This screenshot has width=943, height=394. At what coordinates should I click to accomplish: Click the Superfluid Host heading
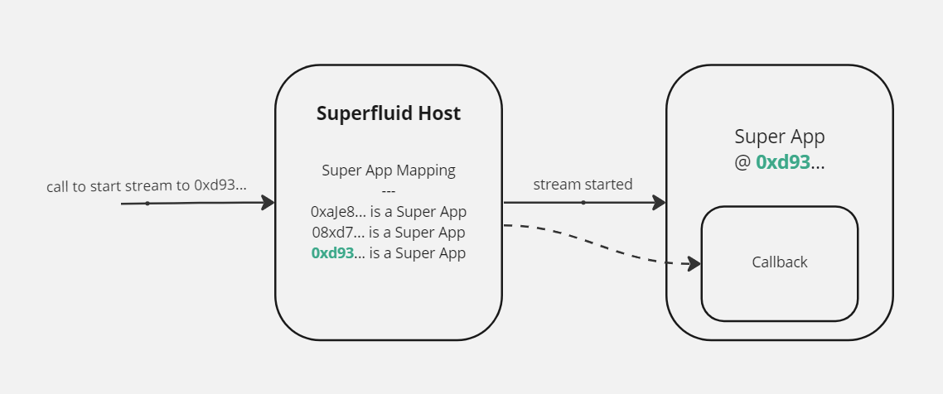(389, 113)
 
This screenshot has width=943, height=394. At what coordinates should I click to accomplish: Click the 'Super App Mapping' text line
(389, 171)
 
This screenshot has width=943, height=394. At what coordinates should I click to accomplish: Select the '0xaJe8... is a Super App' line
(389, 211)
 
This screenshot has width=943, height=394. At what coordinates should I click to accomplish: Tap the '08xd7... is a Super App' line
(389, 232)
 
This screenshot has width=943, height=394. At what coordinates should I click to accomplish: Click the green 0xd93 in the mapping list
(332, 253)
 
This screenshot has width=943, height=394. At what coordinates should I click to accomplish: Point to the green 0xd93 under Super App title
(782, 162)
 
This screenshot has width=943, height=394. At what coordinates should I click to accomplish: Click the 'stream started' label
(583, 184)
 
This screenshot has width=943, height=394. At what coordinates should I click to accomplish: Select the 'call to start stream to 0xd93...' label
(147, 186)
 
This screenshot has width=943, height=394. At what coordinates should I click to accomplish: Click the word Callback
(779, 262)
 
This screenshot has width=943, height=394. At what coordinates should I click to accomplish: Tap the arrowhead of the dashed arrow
(694, 264)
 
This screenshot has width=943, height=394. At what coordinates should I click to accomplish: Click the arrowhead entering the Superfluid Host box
(268, 203)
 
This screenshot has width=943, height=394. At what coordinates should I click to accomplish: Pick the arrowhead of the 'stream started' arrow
(660, 202)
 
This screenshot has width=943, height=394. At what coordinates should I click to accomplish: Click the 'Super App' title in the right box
(779, 137)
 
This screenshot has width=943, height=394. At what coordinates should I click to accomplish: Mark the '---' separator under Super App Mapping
(389, 191)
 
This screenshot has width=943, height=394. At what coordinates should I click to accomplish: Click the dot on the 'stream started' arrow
(583, 202)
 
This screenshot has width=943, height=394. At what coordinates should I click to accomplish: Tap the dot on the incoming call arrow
(147, 203)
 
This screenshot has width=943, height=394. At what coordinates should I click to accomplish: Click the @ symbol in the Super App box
(742, 162)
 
